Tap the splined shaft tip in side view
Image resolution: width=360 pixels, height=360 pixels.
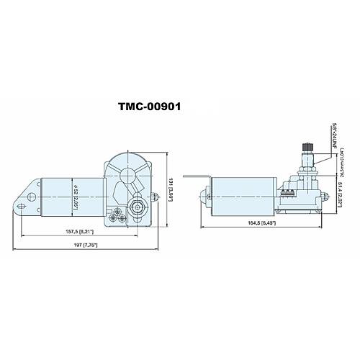pos(305,148)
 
